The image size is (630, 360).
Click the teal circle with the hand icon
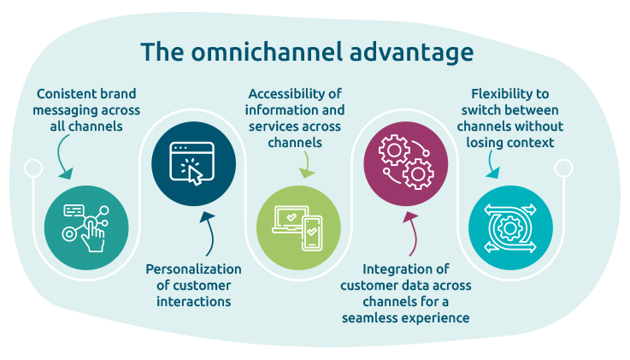[x=85, y=224]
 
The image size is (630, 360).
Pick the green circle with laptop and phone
[x=298, y=224]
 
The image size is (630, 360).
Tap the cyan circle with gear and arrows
[x=510, y=224]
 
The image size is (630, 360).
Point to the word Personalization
[x=192, y=269]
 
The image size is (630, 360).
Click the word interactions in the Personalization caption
[x=192, y=301]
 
